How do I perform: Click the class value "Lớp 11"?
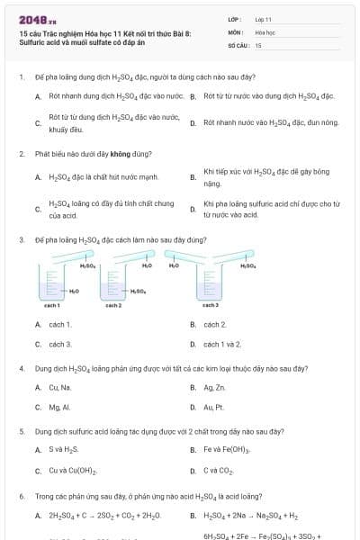click(263, 18)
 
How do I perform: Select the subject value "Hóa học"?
click(265, 31)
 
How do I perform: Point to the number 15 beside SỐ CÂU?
click(258, 45)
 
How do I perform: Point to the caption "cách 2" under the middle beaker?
click(113, 306)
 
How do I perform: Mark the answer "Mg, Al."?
click(59, 407)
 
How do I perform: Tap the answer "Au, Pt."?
click(214, 407)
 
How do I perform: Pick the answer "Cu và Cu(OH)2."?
click(73, 471)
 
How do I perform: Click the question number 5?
click(21, 431)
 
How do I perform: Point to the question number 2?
click(21, 154)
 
